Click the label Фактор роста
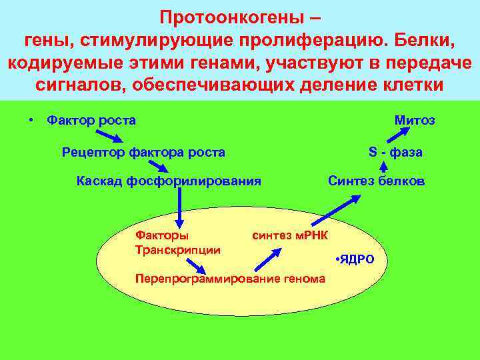pos(91,121)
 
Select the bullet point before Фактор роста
pos(31,121)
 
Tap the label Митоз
pos(415,121)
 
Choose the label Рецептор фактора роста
pos(143,153)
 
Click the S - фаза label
pos(395,153)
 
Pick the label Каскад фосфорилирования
pos(169,181)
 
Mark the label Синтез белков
pos(376,181)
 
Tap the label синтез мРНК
pos(294,235)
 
